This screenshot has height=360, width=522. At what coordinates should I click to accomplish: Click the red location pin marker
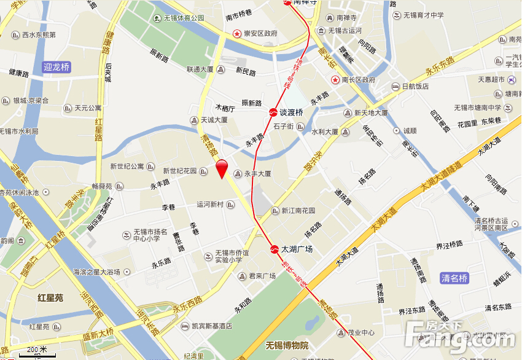222,168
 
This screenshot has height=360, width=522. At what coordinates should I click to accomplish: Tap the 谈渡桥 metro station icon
272,112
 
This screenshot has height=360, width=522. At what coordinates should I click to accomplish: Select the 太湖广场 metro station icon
273,249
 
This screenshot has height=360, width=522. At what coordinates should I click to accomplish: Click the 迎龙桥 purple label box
57,67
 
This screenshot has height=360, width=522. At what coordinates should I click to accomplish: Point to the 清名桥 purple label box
454,278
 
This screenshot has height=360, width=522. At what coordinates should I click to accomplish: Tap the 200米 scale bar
36,352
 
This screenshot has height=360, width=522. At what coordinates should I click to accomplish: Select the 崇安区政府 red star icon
236,33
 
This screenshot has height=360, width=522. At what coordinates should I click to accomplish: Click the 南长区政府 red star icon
335,80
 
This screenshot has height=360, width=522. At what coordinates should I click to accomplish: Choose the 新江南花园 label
298,210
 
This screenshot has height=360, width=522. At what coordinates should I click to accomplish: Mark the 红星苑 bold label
50,298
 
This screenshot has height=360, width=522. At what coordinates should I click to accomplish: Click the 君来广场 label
262,276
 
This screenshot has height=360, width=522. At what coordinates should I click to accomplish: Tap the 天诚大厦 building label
214,120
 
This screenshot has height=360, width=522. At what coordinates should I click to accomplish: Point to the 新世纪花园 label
179,171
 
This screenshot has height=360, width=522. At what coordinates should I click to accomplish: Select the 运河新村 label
211,205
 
